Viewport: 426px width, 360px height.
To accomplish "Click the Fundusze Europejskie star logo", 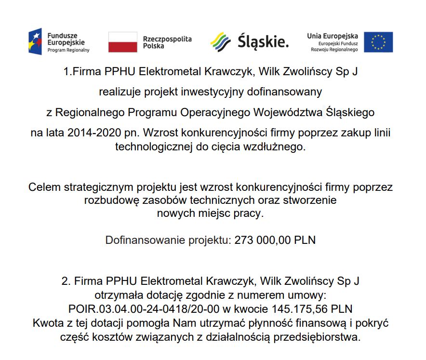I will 35,41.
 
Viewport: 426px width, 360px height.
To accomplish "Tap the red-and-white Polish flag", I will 123,42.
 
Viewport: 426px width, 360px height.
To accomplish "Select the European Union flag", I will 378,42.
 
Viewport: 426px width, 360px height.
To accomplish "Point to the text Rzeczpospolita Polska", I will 167,42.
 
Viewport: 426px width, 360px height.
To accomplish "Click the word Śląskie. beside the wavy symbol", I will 263,42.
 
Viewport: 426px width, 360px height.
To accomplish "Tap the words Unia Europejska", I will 333,36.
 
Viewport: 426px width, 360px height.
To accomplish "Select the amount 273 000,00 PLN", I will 275,240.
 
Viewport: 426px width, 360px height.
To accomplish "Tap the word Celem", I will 44,187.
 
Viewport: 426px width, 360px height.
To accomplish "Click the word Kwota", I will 47,322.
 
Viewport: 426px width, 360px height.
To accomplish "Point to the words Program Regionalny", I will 68,50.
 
